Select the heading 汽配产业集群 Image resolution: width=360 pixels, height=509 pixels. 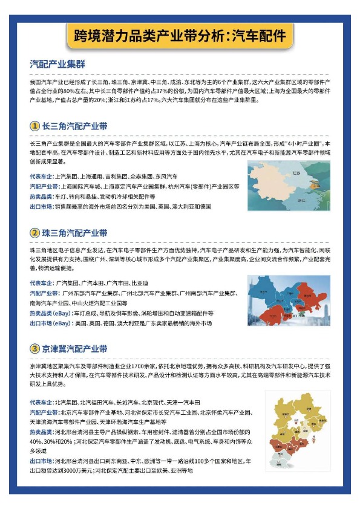tap(57, 63)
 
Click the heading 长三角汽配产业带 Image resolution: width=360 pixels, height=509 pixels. tap(74, 126)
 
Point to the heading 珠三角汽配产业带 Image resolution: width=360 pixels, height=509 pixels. tap(74, 233)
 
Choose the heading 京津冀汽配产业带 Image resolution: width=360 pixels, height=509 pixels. tap(74, 349)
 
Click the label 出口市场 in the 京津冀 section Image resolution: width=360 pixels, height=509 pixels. tap(41, 461)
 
